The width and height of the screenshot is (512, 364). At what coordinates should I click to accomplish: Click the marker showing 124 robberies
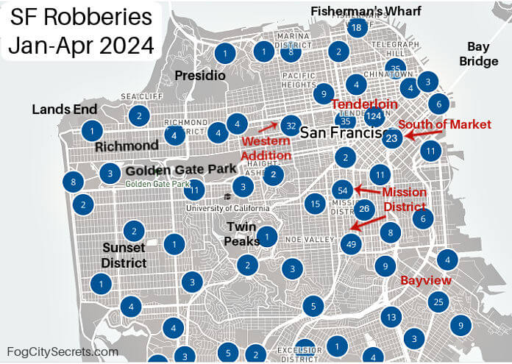[374, 116]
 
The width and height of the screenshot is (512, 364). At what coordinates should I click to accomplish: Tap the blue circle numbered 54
[342, 190]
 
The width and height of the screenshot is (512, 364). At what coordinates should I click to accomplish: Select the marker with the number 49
[352, 244]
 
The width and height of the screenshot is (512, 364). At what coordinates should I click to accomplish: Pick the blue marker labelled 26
[365, 209]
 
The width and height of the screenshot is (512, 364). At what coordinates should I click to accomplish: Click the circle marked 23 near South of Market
[392, 138]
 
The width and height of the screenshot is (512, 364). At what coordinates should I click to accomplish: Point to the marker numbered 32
[292, 126]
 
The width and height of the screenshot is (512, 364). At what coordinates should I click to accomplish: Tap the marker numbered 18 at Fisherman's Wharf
[357, 28]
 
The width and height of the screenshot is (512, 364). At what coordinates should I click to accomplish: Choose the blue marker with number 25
[439, 301]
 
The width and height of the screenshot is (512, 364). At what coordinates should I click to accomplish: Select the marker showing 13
[391, 318]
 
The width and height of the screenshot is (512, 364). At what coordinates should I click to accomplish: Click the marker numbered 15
[315, 203]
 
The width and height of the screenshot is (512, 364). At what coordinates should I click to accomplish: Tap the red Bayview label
[426, 281]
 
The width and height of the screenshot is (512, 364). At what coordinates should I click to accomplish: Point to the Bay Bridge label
[478, 54]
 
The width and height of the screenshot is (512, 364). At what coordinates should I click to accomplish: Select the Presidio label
[200, 76]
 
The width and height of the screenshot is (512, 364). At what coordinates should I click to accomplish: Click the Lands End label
[65, 109]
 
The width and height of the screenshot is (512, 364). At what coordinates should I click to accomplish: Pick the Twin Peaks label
[242, 234]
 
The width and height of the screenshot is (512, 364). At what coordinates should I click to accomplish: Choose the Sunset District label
[124, 254]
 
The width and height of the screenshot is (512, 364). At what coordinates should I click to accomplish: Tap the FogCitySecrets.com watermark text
[62, 352]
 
